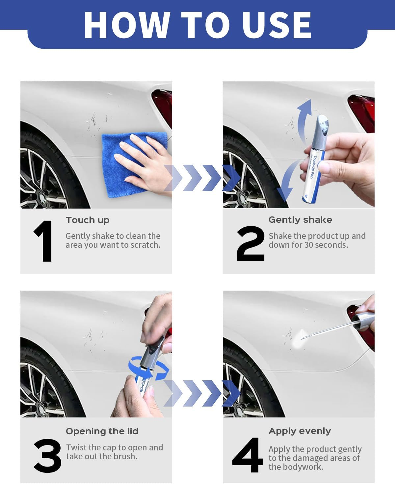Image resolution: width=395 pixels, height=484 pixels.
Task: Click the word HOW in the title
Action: [127, 25]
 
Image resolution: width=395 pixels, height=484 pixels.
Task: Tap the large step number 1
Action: [44, 241]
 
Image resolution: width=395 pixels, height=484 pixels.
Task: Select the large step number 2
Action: [250, 244]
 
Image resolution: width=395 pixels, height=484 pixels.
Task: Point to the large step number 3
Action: [47, 456]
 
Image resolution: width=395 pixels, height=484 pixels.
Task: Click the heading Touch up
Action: [88, 220]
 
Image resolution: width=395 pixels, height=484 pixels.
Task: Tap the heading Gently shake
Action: [300, 220]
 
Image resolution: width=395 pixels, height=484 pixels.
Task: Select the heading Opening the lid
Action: [102, 431]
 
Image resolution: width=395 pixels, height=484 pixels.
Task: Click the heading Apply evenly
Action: [300, 431]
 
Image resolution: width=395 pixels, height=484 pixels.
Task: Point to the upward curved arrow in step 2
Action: [304, 119]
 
